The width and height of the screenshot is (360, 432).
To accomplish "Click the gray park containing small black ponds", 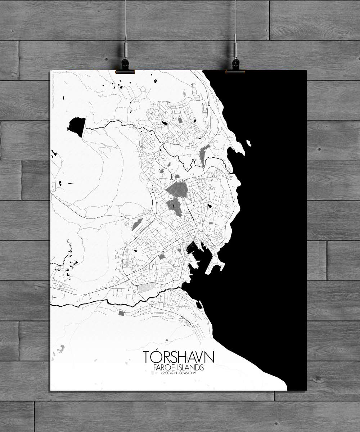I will pos(174,207).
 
